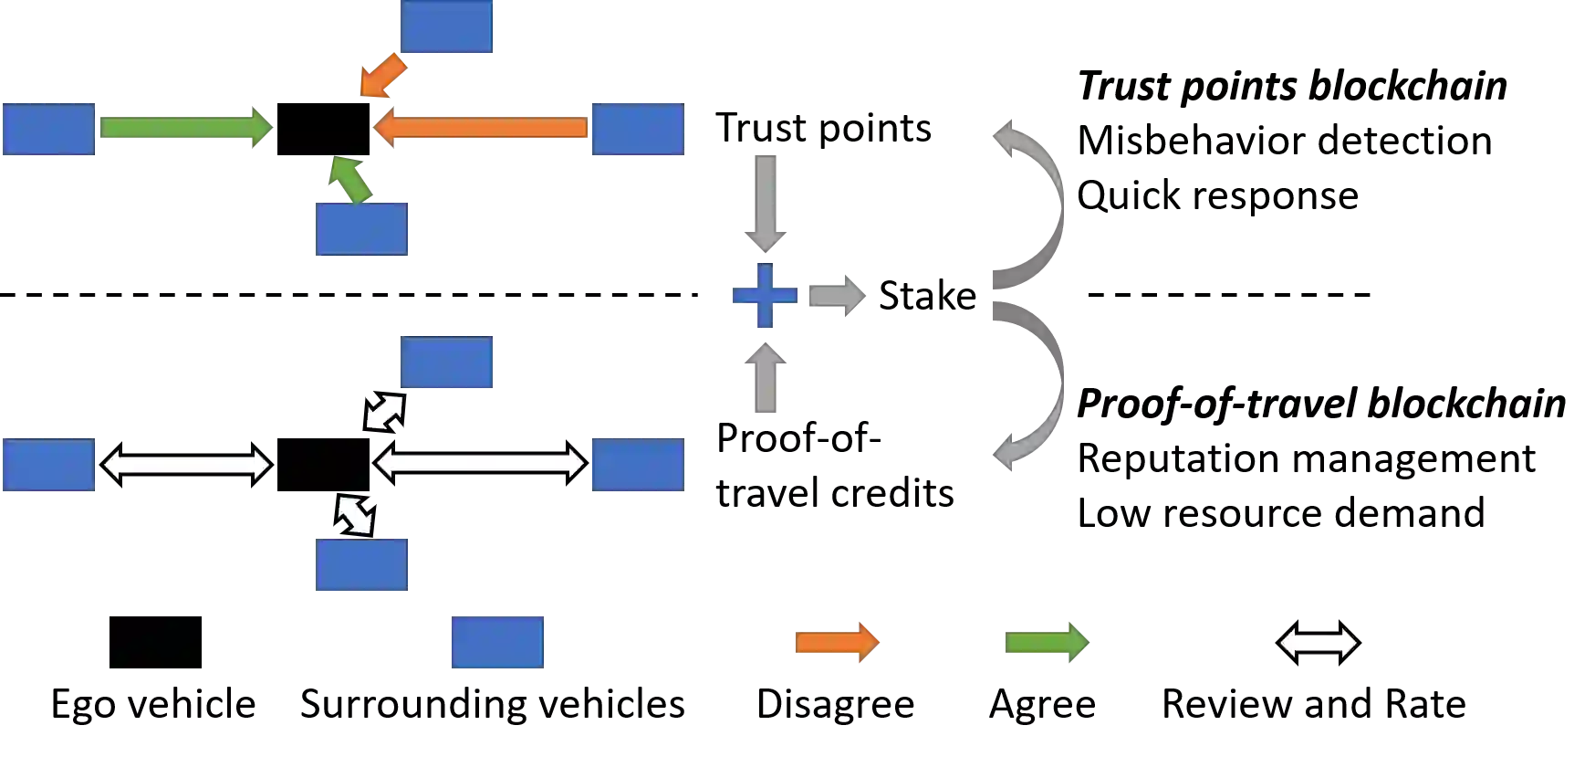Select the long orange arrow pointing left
(480, 128)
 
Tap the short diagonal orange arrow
(381, 76)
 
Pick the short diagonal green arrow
(351, 179)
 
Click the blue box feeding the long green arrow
(47, 131)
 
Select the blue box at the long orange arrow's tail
(638, 131)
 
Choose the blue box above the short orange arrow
(445, 28)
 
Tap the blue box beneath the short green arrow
(361, 227)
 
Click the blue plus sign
(765, 296)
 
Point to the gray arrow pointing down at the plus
(765, 202)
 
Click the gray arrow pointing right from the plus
(835, 296)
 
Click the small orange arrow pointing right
(838, 643)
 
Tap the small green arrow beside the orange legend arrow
(1047, 643)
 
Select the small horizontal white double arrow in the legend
(1318, 643)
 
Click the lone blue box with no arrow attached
(496, 643)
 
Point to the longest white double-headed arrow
(480, 464)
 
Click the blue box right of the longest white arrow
(638, 467)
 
